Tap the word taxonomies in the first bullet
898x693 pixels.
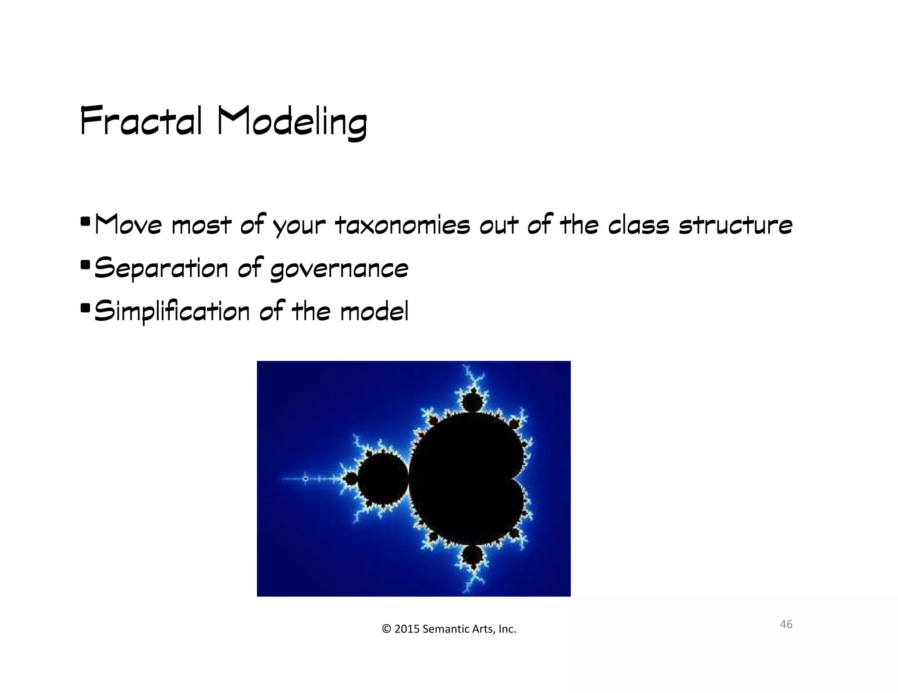(x=402, y=225)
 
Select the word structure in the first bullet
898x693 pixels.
(x=735, y=225)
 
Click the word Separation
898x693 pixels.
(x=161, y=269)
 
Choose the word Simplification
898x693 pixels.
(x=172, y=311)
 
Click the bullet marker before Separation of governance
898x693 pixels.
(x=86, y=265)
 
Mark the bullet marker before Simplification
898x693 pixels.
(x=86, y=308)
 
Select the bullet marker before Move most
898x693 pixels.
(x=86, y=220)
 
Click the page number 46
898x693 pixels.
(x=786, y=624)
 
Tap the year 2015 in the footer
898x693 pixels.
(x=406, y=629)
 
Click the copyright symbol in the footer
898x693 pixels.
(x=386, y=629)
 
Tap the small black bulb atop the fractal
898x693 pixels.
(x=473, y=402)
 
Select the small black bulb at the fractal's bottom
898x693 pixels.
(x=473, y=556)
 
